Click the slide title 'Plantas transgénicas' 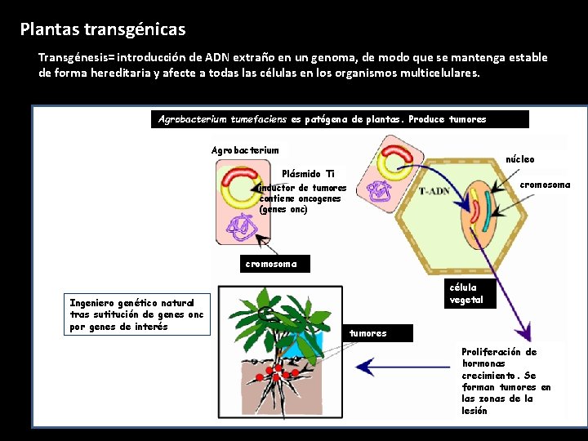103,30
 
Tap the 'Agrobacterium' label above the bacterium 245,150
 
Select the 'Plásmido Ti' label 308,174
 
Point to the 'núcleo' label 521,159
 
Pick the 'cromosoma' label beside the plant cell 546,185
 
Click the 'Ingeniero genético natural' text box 137,314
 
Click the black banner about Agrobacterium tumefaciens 341,119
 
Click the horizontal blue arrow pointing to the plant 408,368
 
